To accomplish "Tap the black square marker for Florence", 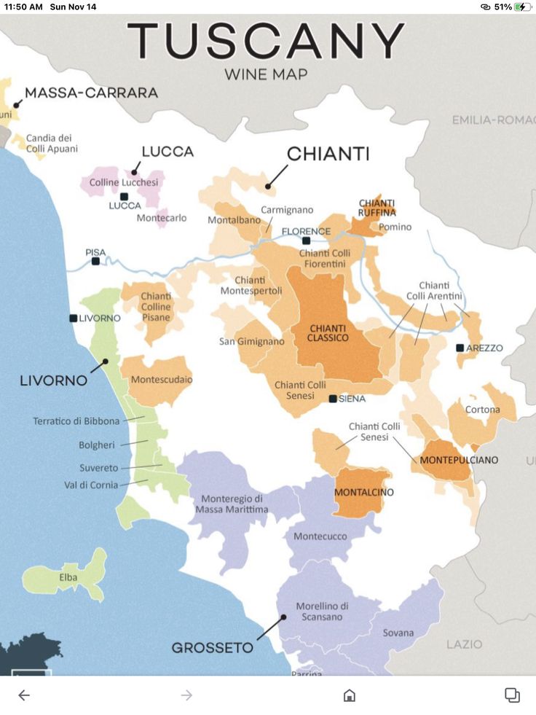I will coord(307,241).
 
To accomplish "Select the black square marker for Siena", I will coord(333,399).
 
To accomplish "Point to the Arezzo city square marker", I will coord(460,348).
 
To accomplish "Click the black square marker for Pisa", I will coord(95,261).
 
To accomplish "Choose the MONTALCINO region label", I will coord(363,493).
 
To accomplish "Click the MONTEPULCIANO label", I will coord(459,460).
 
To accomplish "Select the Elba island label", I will coord(68,577).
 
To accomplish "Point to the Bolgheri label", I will coord(97,445).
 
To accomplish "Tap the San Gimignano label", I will coord(252,341).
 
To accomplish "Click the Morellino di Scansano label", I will coord(322,612).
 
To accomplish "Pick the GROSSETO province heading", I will coord(213,647).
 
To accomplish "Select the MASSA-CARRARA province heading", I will coord(91,93).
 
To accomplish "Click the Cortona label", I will coord(483,410).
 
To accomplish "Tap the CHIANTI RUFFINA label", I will coord(377,207).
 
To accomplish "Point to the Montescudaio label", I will coord(162,380).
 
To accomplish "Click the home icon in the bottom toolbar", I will coord(350,695).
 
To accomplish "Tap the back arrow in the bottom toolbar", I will coord(24,695).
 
